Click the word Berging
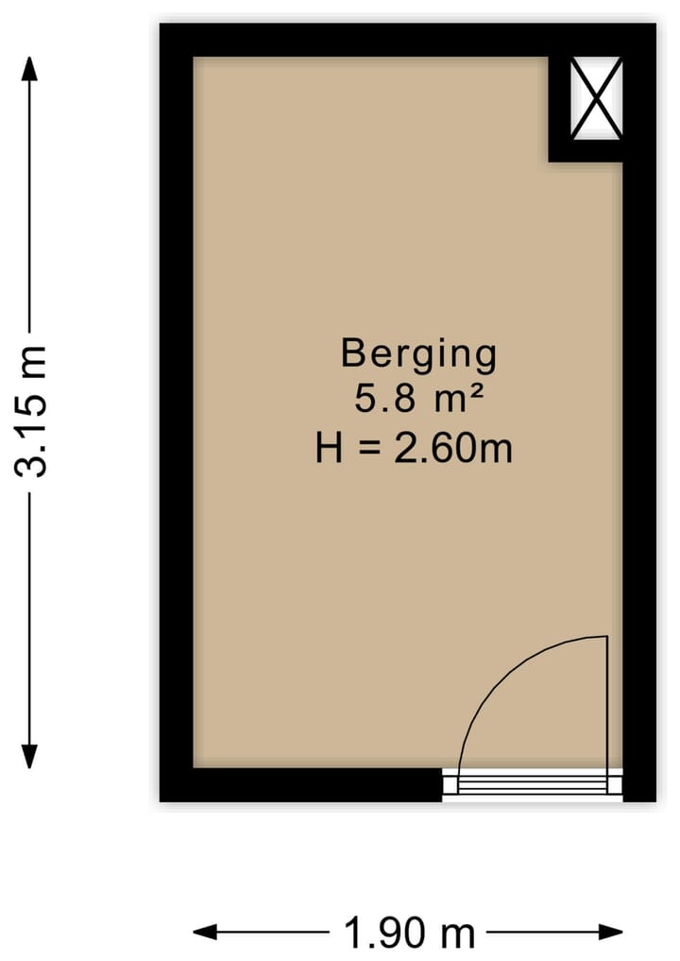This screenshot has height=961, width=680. tap(418, 355)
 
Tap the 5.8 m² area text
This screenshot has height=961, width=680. tap(418, 400)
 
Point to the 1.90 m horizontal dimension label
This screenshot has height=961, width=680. tap(409, 934)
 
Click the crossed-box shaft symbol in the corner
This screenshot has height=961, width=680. tap(597, 98)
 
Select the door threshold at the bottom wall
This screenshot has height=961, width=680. tap(533, 784)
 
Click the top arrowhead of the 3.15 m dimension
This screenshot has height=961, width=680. tap(30, 68)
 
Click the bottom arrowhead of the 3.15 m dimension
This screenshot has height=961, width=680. tap(30, 757)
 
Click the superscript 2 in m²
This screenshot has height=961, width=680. tap(477, 391)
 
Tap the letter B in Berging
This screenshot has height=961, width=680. tap(352, 353)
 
